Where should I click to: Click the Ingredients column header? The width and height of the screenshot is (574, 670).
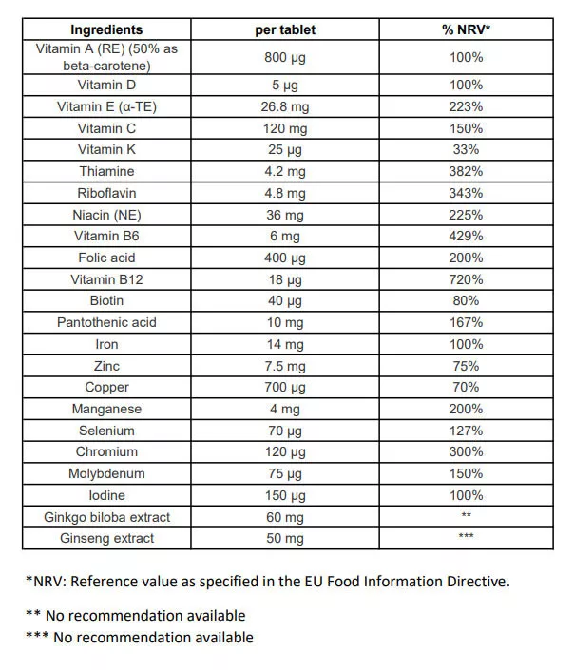[x=106, y=29]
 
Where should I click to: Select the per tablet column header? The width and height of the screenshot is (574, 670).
[x=285, y=29]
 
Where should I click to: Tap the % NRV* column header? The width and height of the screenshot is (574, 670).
[x=466, y=29]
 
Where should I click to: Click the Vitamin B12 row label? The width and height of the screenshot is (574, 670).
[x=106, y=279]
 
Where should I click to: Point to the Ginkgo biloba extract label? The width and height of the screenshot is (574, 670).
[x=106, y=517]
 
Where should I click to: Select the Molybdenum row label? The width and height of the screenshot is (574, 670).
[x=106, y=473]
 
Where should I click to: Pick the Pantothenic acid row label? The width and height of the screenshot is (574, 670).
[x=106, y=322]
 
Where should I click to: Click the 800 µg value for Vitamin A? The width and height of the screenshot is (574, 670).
[x=285, y=57]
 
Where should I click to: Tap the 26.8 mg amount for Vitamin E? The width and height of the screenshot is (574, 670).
[x=285, y=106]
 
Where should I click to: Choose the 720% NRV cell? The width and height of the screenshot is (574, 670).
[x=466, y=279]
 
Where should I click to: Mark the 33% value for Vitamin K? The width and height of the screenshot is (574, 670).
[x=466, y=149]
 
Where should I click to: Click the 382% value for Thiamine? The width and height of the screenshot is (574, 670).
[x=466, y=171]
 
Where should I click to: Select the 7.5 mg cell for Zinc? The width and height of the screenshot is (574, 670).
[x=285, y=366]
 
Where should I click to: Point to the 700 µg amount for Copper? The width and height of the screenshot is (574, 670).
[x=285, y=387]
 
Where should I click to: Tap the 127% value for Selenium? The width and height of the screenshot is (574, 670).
[x=466, y=431]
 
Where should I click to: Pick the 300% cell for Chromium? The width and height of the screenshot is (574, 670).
[x=466, y=451]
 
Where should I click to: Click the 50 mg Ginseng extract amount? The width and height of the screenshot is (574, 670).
[x=285, y=538]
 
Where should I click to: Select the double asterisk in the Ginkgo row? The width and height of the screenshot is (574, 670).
[x=466, y=516]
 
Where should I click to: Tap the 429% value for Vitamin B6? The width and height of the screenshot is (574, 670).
[x=466, y=236]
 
